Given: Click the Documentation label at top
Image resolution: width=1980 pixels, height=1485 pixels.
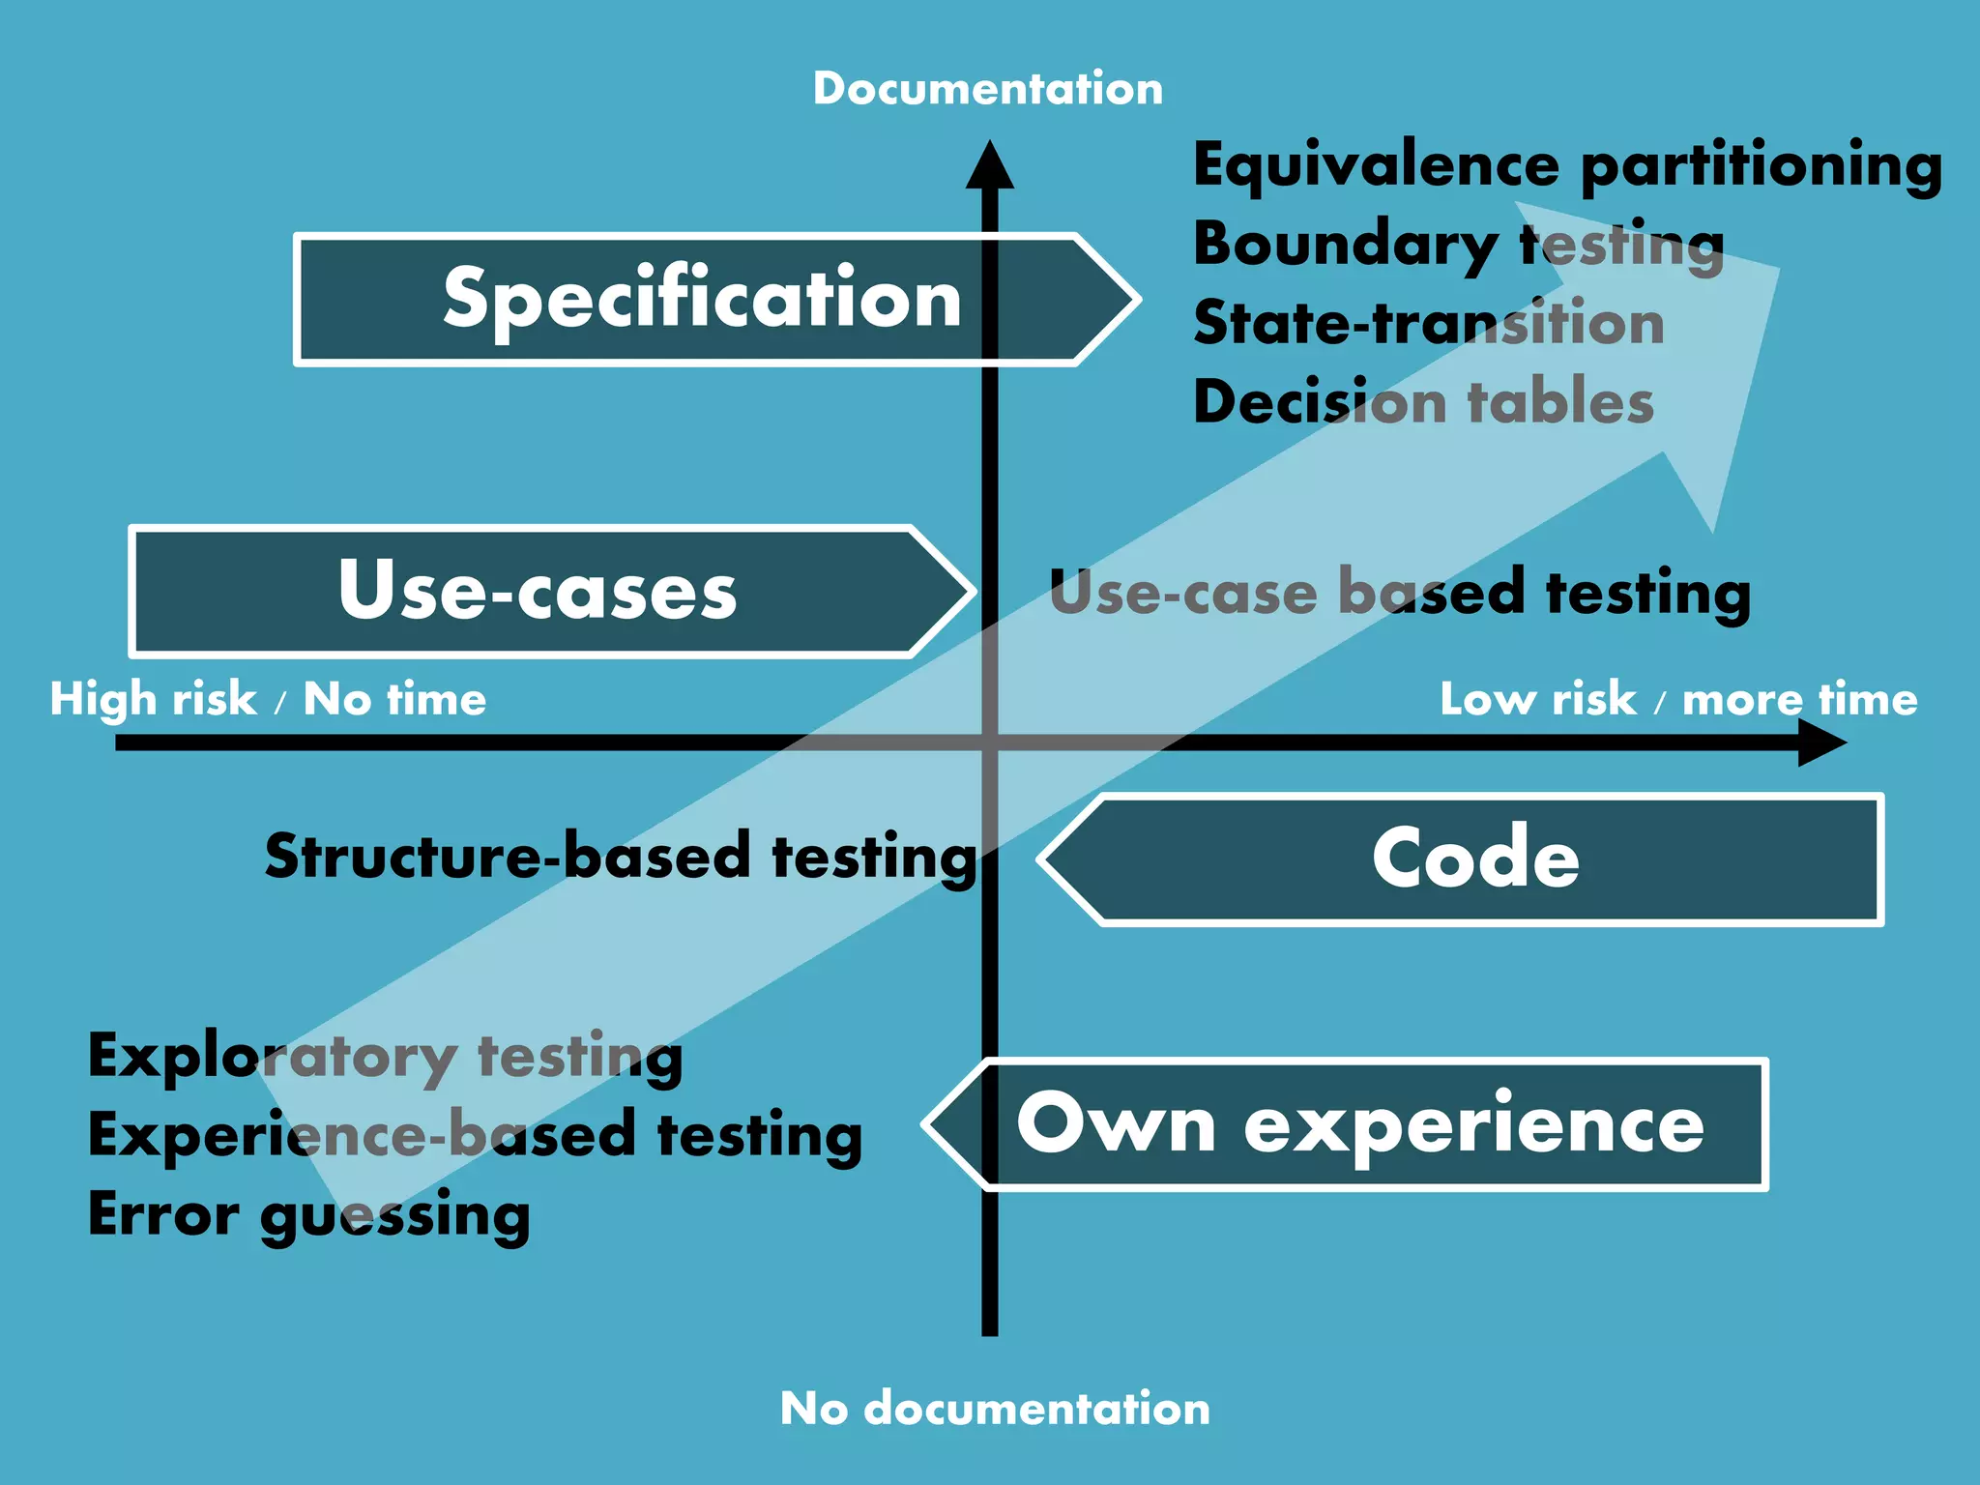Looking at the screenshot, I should pyautogui.click(x=987, y=89).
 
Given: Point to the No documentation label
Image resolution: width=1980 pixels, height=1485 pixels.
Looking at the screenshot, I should pyautogui.click(x=994, y=1408).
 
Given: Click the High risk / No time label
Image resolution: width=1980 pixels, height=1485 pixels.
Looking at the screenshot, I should pyautogui.click(x=268, y=699).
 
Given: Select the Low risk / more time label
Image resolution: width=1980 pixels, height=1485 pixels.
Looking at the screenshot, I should pyautogui.click(x=1677, y=699).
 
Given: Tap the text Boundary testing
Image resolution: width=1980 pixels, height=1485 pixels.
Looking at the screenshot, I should pyautogui.click(x=1458, y=246).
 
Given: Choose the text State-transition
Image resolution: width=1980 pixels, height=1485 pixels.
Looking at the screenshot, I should pyautogui.click(x=1428, y=324).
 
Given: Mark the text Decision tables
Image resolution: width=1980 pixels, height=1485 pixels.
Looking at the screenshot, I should pyautogui.click(x=1423, y=402).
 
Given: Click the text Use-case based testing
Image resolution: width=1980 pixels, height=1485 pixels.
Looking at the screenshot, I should pyautogui.click(x=1399, y=593).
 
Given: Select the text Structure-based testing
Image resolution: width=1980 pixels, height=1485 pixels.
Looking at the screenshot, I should pyautogui.click(x=621, y=857).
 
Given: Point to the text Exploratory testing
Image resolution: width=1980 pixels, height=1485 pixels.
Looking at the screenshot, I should pyautogui.click(x=385, y=1057).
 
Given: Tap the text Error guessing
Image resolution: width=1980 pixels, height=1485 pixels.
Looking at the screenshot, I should pyautogui.click(x=308, y=1215).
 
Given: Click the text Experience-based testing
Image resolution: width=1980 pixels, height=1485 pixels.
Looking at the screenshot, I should pyautogui.click(x=474, y=1136).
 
